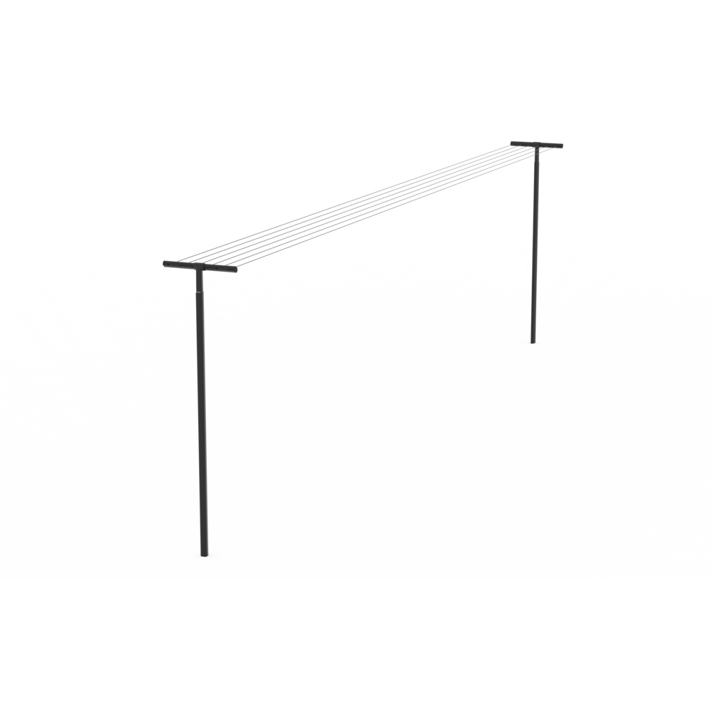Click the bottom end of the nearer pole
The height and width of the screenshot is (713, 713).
[x=205, y=554]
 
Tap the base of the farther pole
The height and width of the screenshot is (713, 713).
[x=533, y=341]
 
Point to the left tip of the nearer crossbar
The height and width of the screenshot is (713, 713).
[x=165, y=265]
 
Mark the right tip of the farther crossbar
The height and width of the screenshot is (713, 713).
[x=562, y=146]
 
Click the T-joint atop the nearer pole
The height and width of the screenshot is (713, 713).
[x=199, y=267]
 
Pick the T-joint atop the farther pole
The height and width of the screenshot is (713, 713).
[x=536, y=144]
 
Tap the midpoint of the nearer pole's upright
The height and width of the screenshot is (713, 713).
[x=202, y=412]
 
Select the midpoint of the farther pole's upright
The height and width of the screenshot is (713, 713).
[x=535, y=244]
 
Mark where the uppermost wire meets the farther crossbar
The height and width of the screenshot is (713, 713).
[x=518, y=142]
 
